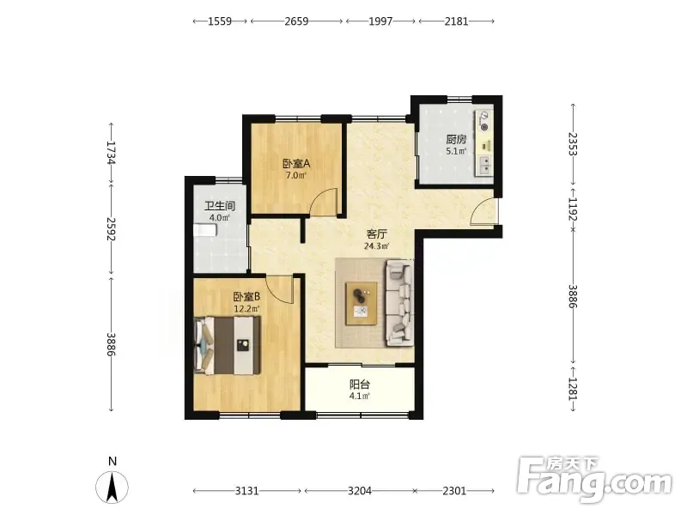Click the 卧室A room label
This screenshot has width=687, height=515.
pos(296,164)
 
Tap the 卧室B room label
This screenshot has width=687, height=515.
pos(246,297)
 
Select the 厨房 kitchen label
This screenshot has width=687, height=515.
pos(456,140)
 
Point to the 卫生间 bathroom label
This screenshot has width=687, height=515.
pos(220,206)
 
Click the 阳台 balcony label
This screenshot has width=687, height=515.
pos(360,385)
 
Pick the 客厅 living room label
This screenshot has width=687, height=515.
pos(376,234)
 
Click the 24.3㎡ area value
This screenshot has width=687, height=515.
pos(376,246)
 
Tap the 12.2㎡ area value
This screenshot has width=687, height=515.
pos(246,309)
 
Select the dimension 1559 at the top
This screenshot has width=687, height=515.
pos(220,21)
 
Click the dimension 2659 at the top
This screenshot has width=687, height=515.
pos(296,21)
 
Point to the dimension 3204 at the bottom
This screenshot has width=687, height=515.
pos(360,491)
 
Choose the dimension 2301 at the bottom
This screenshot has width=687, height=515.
pos(454,491)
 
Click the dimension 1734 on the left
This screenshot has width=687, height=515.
pos(111,153)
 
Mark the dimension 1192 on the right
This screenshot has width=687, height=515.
pos(573,209)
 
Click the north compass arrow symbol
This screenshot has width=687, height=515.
pos(112,487)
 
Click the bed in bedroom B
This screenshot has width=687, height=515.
pos(228,346)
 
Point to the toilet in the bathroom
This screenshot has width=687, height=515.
pos(205,230)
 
